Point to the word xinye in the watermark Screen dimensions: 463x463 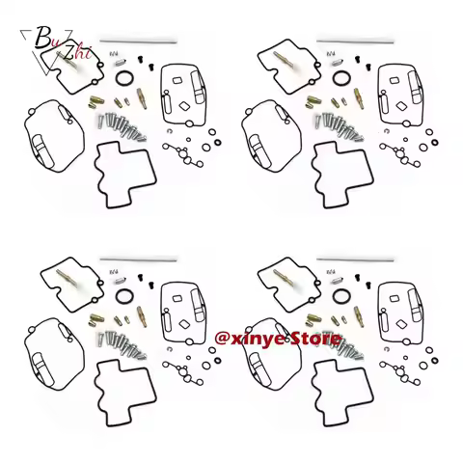262,339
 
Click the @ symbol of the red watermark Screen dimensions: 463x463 223,339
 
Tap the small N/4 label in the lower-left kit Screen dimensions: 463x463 113,271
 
